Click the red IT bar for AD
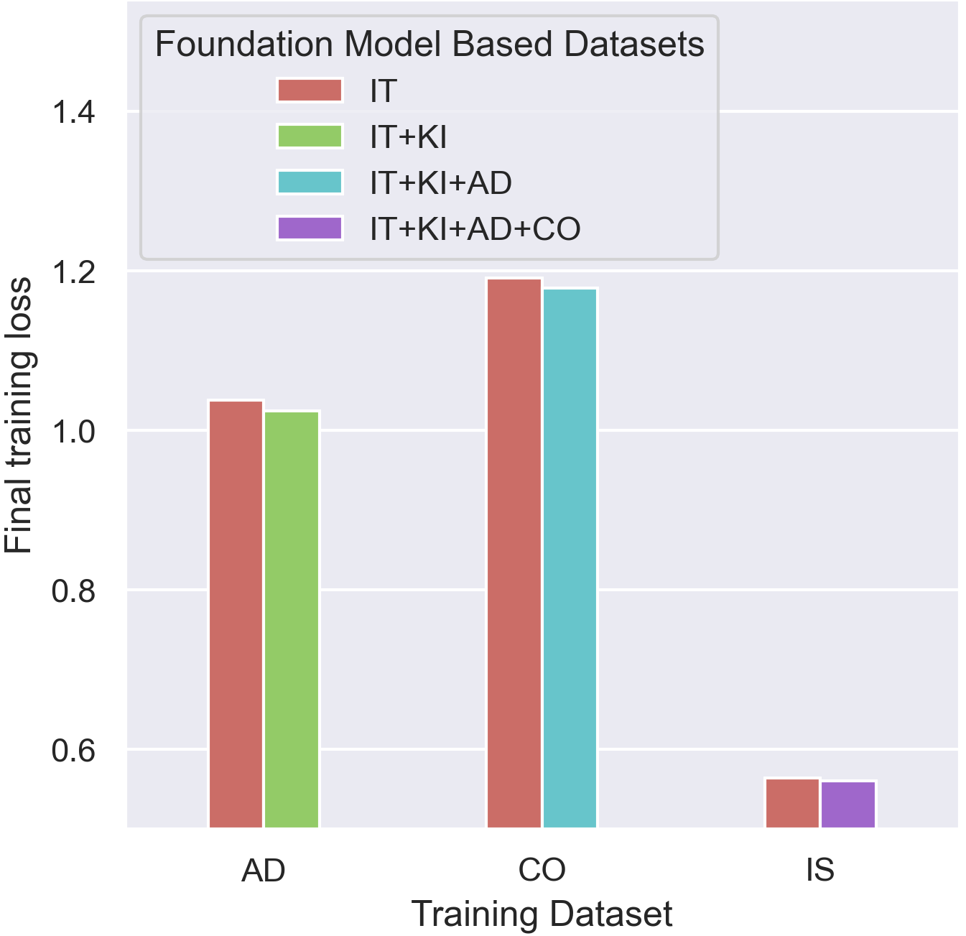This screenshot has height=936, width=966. (236, 614)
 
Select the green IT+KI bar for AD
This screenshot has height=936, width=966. (292, 619)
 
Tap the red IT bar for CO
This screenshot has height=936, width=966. (514, 553)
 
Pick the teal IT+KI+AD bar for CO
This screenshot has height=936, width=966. (570, 558)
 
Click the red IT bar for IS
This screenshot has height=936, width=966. (792, 803)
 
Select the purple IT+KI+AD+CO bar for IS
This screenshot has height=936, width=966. (848, 805)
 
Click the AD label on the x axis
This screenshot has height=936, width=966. (264, 871)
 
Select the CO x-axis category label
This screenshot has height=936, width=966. (542, 871)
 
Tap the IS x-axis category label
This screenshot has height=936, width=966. (820, 871)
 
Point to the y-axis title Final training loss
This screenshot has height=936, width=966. (19, 415)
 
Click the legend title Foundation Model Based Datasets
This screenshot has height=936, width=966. (429, 45)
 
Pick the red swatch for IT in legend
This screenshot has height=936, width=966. (310, 91)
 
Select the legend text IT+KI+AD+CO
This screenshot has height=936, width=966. (475, 229)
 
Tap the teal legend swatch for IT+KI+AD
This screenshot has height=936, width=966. (310, 182)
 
